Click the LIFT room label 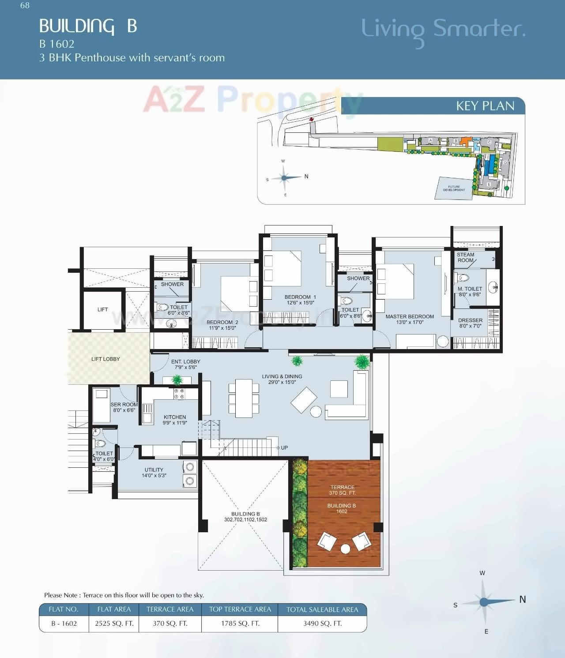click(x=102, y=309)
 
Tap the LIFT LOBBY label click(x=105, y=359)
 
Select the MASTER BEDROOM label click(x=410, y=316)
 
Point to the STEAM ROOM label click(x=466, y=257)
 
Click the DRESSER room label click(x=470, y=320)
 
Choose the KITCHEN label click(x=175, y=417)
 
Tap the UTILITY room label click(x=154, y=470)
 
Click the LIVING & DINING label click(x=282, y=376)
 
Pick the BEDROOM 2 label click(x=222, y=322)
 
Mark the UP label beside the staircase click(x=284, y=447)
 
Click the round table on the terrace click(x=345, y=549)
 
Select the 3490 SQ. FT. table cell click(x=322, y=624)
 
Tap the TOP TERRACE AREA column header click(x=240, y=609)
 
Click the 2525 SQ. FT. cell click(x=114, y=624)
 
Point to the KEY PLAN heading click(x=485, y=106)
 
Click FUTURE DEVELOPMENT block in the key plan click(x=454, y=188)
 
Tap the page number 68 click(x=25, y=5)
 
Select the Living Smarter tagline click(x=443, y=29)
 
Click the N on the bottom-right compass click(x=523, y=599)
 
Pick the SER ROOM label click(x=124, y=405)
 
